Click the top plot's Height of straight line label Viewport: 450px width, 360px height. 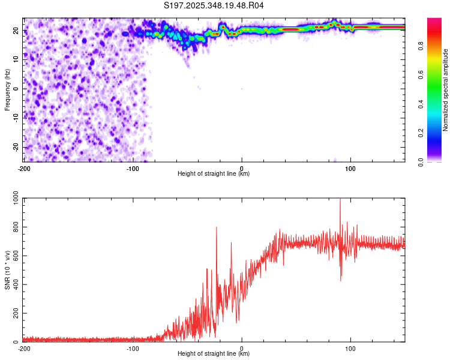pos(214,174)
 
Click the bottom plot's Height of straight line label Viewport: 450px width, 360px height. pos(214,354)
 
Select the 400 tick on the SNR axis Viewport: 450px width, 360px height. pos(14,285)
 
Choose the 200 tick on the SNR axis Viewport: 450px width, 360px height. pos(14,314)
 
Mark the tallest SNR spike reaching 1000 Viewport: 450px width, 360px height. pos(340,200)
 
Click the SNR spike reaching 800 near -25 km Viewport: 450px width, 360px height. pos(217,228)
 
